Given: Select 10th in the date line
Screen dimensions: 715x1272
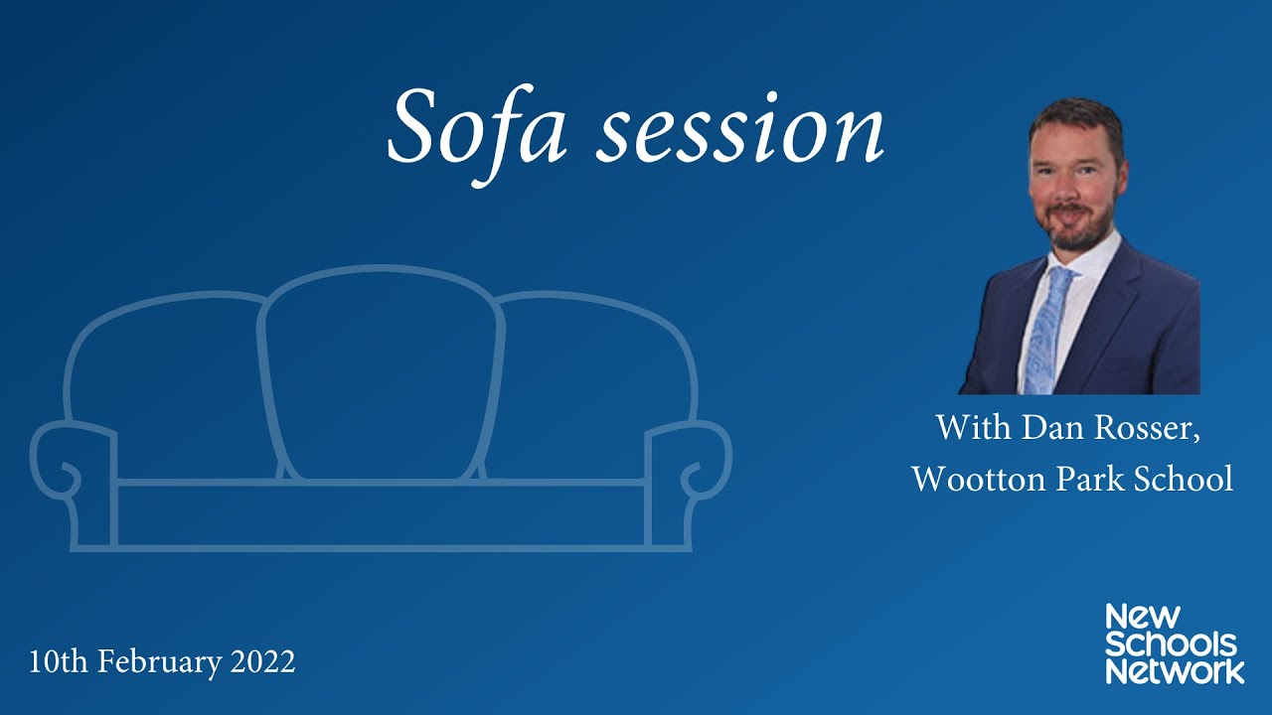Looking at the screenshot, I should click(x=55, y=661).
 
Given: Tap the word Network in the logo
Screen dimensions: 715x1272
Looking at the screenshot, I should click(x=1175, y=671).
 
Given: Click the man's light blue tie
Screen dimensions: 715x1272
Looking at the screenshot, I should click(x=1046, y=328).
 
